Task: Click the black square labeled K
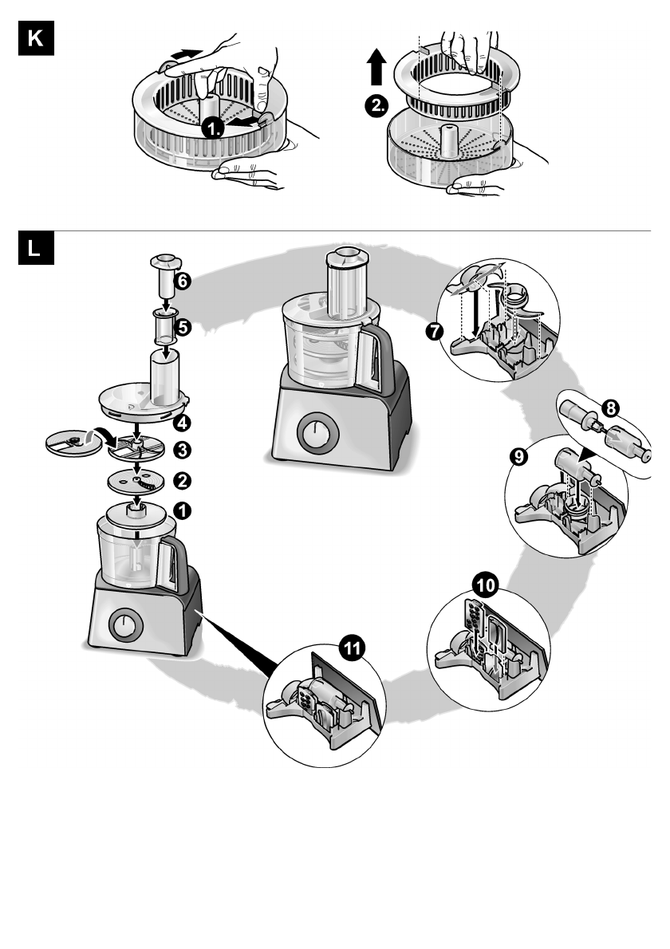[37, 38]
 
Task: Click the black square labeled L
[37, 248]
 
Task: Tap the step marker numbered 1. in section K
[213, 128]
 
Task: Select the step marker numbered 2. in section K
[376, 106]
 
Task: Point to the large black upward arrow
[376, 67]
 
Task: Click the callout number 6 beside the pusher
[182, 281]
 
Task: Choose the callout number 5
[183, 328]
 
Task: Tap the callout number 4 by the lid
[182, 423]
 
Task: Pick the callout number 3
[182, 451]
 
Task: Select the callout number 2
[182, 481]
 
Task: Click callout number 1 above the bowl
[182, 511]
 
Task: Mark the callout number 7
[435, 332]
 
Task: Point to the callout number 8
[611, 408]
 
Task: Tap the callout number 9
[518, 456]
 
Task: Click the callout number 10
[486, 585]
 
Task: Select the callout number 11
[352, 648]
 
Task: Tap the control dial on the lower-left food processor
[126, 624]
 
